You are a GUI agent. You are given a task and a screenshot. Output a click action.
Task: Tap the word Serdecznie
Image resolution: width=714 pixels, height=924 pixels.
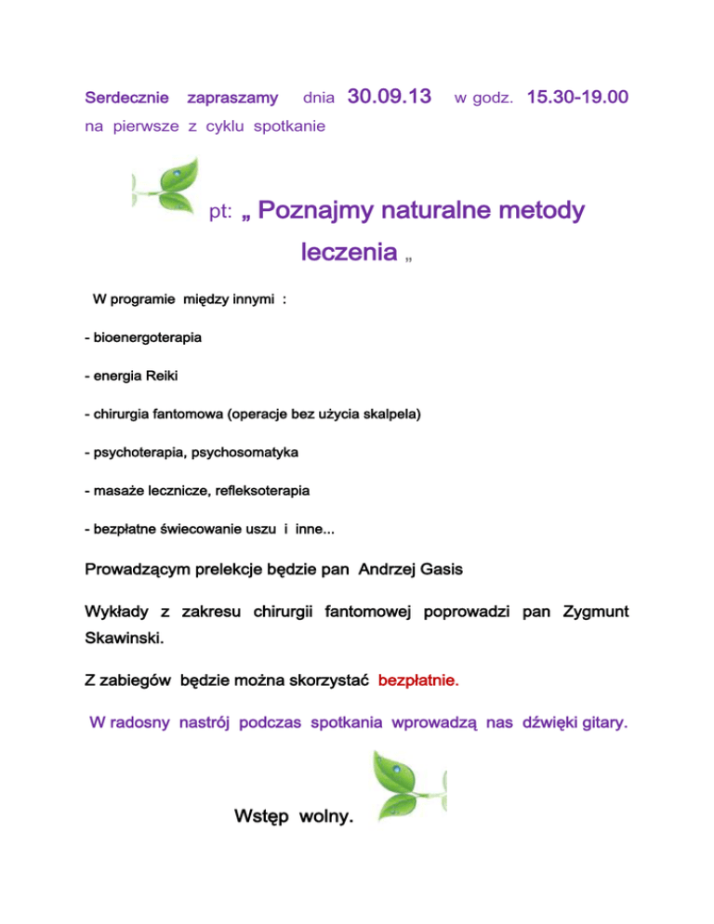point(126,97)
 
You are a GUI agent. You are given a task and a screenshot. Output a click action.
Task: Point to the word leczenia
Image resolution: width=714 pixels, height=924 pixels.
point(350,252)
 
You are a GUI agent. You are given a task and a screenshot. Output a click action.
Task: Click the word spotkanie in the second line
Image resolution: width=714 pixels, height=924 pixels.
point(287,125)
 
